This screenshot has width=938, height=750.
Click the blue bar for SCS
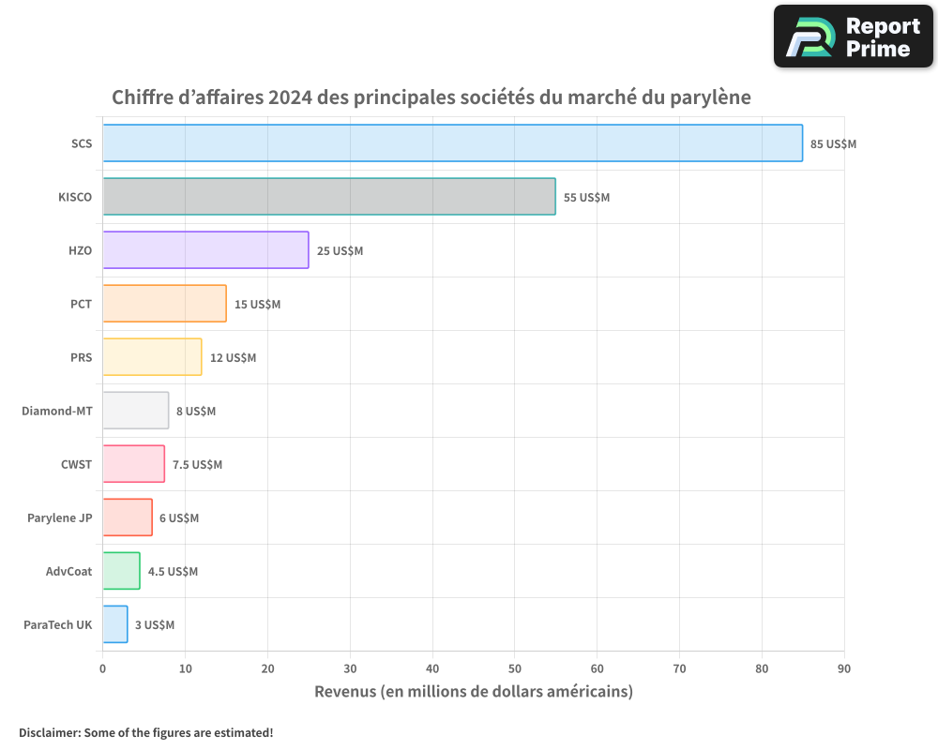452,143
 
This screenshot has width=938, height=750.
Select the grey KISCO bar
328,197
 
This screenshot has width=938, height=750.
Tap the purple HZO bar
205,250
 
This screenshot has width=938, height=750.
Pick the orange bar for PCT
164,304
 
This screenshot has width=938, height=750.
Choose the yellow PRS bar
152,357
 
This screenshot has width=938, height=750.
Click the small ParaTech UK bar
114,624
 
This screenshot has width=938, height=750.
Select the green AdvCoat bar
121,571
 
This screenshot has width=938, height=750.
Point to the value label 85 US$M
833,144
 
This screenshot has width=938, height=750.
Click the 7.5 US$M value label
197,465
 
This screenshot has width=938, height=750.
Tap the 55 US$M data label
586,198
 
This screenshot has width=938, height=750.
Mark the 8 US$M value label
195,412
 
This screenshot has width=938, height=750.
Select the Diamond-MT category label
57,411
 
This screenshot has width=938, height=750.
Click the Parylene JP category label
60,517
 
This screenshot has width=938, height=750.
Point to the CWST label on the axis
76,464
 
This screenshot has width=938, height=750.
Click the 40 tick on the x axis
432,668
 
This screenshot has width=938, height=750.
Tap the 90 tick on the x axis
844,668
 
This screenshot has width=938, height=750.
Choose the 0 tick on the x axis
102,668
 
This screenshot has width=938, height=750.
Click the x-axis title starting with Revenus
473,692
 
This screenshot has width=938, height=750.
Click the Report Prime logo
853,37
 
